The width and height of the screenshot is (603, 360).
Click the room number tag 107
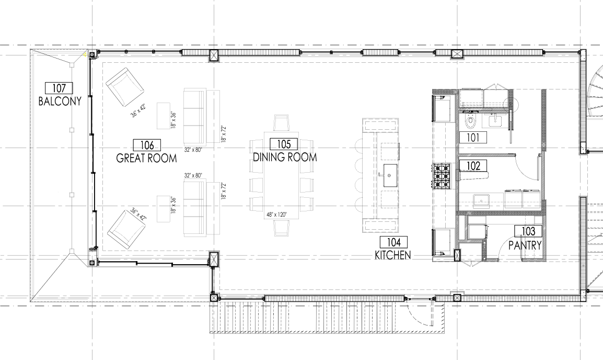tap(59, 88)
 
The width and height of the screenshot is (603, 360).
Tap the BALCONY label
tap(60, 102)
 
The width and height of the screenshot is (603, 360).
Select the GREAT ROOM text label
tap(146, 158)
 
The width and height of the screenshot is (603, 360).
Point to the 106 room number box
tap(147, 145)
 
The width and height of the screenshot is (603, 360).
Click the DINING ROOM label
tap(285, 157)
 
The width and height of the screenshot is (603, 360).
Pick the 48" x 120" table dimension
tap(277, 214)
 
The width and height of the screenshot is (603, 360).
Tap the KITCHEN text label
tap(393, 255)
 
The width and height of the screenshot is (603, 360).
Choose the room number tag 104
tap(393, 242)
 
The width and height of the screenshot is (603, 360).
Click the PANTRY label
tap(525, 245)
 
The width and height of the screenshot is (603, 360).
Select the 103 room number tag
tap(528, 231)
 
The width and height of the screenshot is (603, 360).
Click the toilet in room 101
tap(470, 120)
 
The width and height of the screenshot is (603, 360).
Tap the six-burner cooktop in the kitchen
tap(442, 177)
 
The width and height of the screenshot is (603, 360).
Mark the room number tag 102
tap(473, 165)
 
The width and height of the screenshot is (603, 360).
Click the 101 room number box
tap(473, 137)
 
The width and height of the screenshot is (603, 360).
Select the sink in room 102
tap(481, 201)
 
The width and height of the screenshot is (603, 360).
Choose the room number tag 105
tap(284, 144)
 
